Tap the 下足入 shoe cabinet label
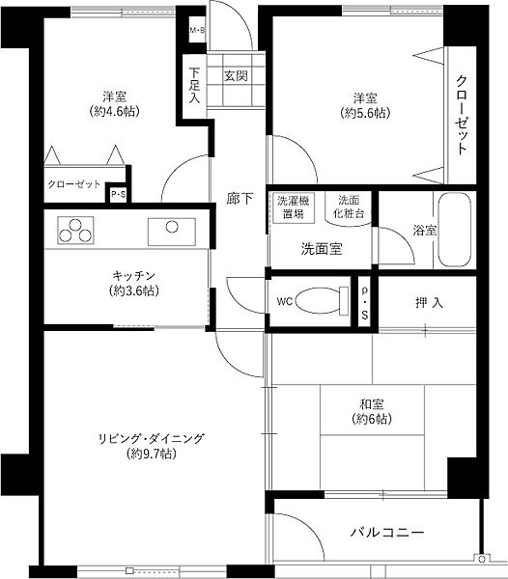click(x=194, y=84)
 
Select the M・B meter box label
click(x=196, y=31)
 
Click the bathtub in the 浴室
click(x=453, y=232)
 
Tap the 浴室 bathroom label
click(x=425, y=231)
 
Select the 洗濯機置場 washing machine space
click(x=290, y=207)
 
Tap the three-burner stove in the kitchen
click(x=75, y=231)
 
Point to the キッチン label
click(x=127, y=275)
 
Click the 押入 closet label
click(x=431, y=303)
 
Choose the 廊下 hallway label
click(x=240, y=200)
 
